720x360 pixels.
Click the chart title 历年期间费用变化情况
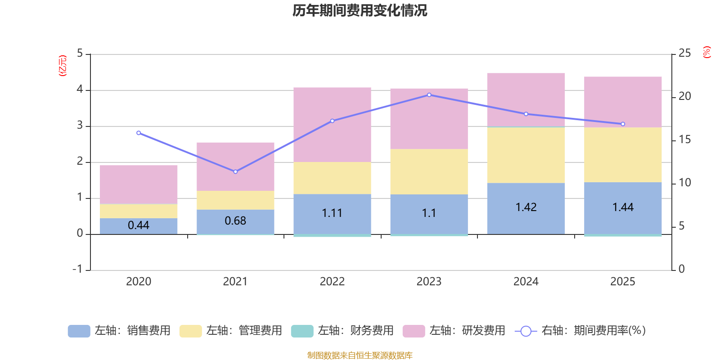[x=360, y=10]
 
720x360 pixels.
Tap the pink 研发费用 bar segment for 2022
[x=332, y=125]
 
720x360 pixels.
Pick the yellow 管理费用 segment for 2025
[x=623, y=155]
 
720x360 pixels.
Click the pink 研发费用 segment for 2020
[x=138, y=184]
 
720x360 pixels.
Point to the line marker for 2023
[x=429, y=95]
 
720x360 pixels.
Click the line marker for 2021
[x=235, y=171]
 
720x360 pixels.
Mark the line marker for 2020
[x=139, y=133]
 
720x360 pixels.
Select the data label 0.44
[x=138, y=225]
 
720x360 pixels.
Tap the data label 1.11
[x=332, y=213]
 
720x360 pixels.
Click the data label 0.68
[x=235, y=220]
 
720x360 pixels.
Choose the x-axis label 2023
[x=429, y=282]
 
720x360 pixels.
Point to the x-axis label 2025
[x=622, y=282]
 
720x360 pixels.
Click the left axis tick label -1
[x=77, y=269]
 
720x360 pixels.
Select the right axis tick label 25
[x=684, y=54]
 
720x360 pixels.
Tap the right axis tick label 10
[x=684, y=183]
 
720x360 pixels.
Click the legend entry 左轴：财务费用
[x=342, y=331]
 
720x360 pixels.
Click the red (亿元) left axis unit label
[x=63, y=66]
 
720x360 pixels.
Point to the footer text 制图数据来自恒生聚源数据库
[x=360, y=355]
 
